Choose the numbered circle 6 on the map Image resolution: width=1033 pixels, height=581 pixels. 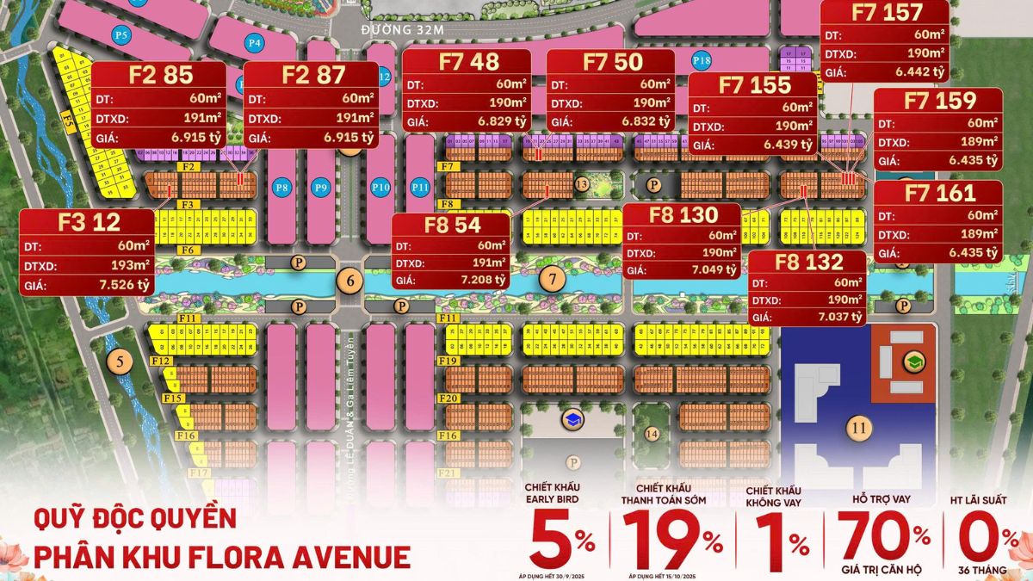[349, 279]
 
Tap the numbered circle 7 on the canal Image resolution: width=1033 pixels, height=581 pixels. [553, 278]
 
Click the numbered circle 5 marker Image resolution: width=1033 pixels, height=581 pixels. [120, 361]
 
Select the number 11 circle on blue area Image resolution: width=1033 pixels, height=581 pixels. [857, 426]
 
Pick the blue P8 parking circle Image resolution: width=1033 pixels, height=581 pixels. [281, 187]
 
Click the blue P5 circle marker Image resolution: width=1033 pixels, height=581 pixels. [121, 35]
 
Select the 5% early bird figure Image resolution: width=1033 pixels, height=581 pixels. [560, 541]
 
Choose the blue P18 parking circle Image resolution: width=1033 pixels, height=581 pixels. [702, 60]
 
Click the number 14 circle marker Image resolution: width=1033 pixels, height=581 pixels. [652, 434]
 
